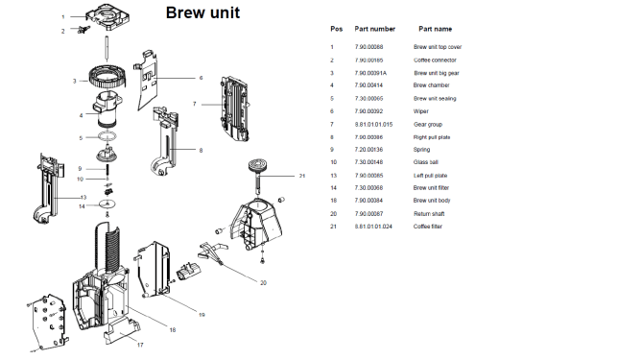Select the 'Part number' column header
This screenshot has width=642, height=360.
[374, 29]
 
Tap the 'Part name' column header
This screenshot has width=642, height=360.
[437, 29]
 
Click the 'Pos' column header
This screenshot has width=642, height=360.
[335, 29]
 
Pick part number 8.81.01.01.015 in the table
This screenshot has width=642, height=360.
[375, 124]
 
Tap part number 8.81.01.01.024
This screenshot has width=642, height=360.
[375, 226]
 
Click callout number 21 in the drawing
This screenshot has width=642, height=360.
[301, 177]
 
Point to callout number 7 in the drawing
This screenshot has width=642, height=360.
[194, 104]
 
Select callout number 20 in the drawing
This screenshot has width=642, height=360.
[263, 283]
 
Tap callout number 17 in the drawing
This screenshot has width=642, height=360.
[139, 345]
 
